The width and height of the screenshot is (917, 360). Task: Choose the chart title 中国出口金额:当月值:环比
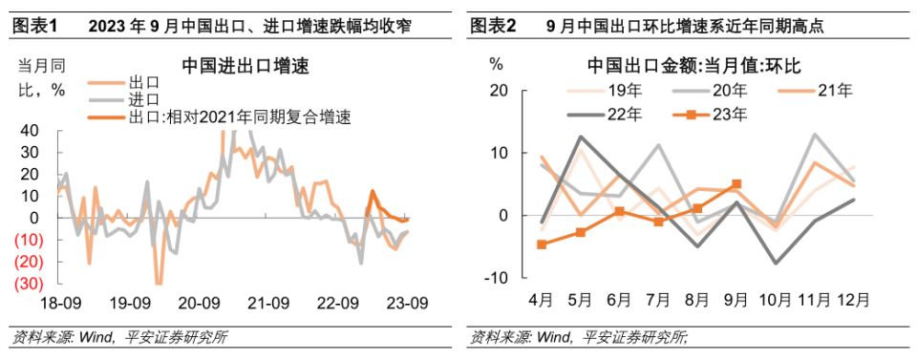click(693, 67)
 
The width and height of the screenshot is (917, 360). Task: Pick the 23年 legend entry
click(730, 116)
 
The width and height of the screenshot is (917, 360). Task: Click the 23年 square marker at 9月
click(736, 184)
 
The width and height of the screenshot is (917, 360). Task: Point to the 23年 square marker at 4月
click(542, 244)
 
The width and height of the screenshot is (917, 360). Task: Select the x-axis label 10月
click(775, 299)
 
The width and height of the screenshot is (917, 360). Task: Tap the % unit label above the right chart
click(496, 65)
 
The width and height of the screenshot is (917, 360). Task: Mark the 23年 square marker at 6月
click(619, 211)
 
